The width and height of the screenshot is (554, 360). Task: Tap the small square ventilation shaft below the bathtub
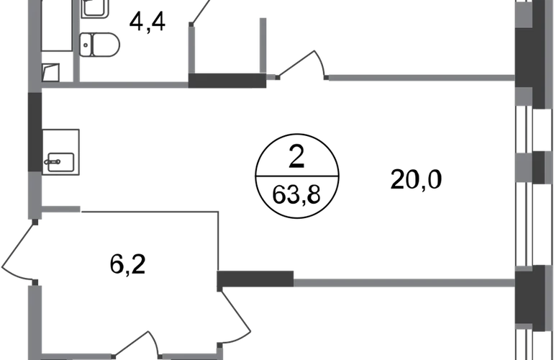point(51,71)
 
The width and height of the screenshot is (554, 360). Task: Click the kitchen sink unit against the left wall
point(62,153)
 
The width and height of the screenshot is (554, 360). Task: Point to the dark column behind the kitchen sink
point(34,132)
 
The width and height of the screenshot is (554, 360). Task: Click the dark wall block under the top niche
point(228,80)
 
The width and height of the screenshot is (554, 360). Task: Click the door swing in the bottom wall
point(137,343)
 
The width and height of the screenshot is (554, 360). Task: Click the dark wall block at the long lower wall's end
point(258,278)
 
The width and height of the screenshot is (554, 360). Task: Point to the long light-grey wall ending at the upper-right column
point(421,77)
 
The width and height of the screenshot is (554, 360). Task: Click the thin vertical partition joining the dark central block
point(218,238)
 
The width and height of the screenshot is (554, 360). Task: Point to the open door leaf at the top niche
point(199,14)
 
